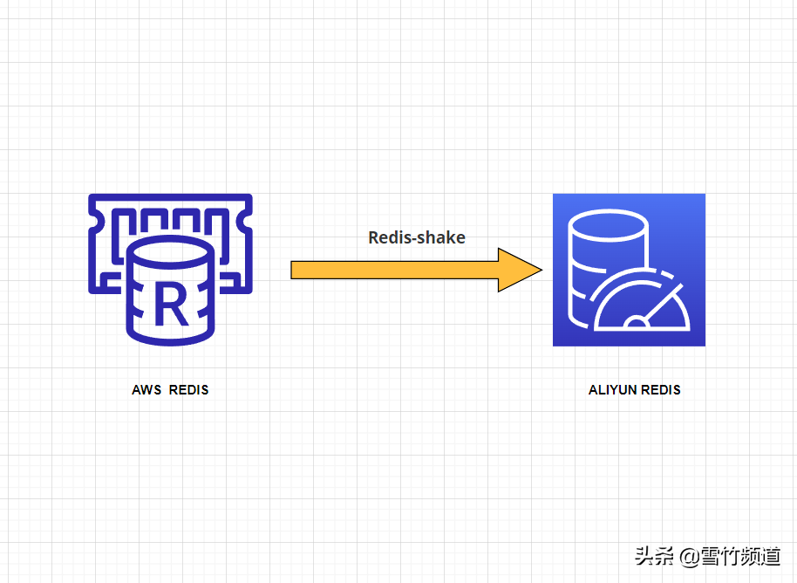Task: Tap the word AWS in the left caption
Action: coord(146,390)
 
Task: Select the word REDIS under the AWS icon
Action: coord(188,390)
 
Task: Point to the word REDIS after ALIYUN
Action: coord(662,390)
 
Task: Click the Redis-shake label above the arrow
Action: coord(417,237)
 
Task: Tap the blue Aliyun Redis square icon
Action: coord(629,270)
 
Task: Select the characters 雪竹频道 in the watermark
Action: coord(740,556)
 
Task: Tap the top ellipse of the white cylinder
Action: coord(607,223)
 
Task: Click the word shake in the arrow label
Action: coord(442,237)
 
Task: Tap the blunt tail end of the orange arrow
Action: coord(294,270)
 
